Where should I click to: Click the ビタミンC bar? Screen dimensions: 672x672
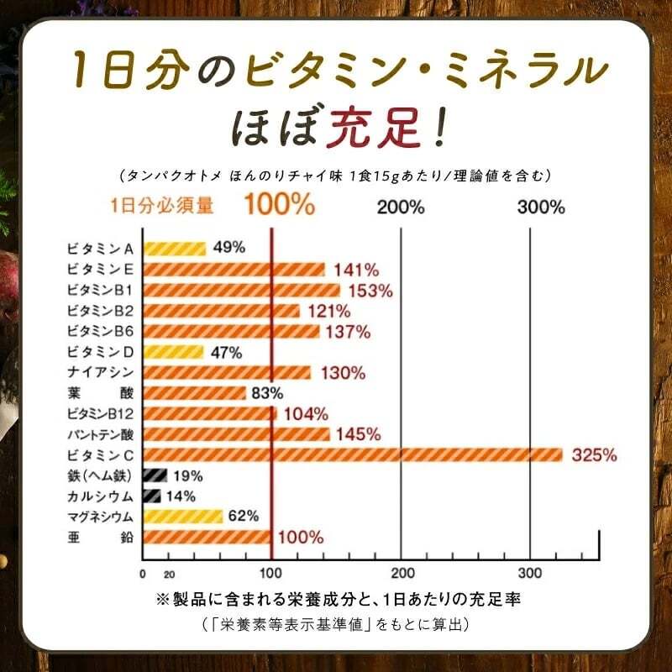coord(353,454)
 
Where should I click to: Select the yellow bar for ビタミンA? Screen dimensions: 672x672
coord(175,248)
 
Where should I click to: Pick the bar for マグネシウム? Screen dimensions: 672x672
coord(183,516)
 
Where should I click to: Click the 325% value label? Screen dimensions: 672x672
coord(595,455)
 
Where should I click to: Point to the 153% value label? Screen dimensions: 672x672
coord(369,291)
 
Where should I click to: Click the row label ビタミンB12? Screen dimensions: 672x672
coord(101,413)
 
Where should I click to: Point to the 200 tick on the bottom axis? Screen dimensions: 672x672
coord(401,574)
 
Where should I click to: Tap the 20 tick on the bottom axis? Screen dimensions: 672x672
coord(169,575)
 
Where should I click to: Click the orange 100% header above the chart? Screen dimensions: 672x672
coord(280,205)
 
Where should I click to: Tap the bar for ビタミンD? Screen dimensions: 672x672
coord(174,352)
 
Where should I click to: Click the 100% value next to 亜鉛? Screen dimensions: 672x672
coord(300,538)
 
